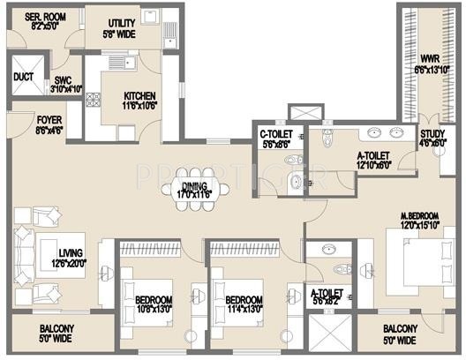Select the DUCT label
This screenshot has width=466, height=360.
pos(23,76)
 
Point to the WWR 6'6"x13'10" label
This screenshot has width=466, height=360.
pos(430,64)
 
